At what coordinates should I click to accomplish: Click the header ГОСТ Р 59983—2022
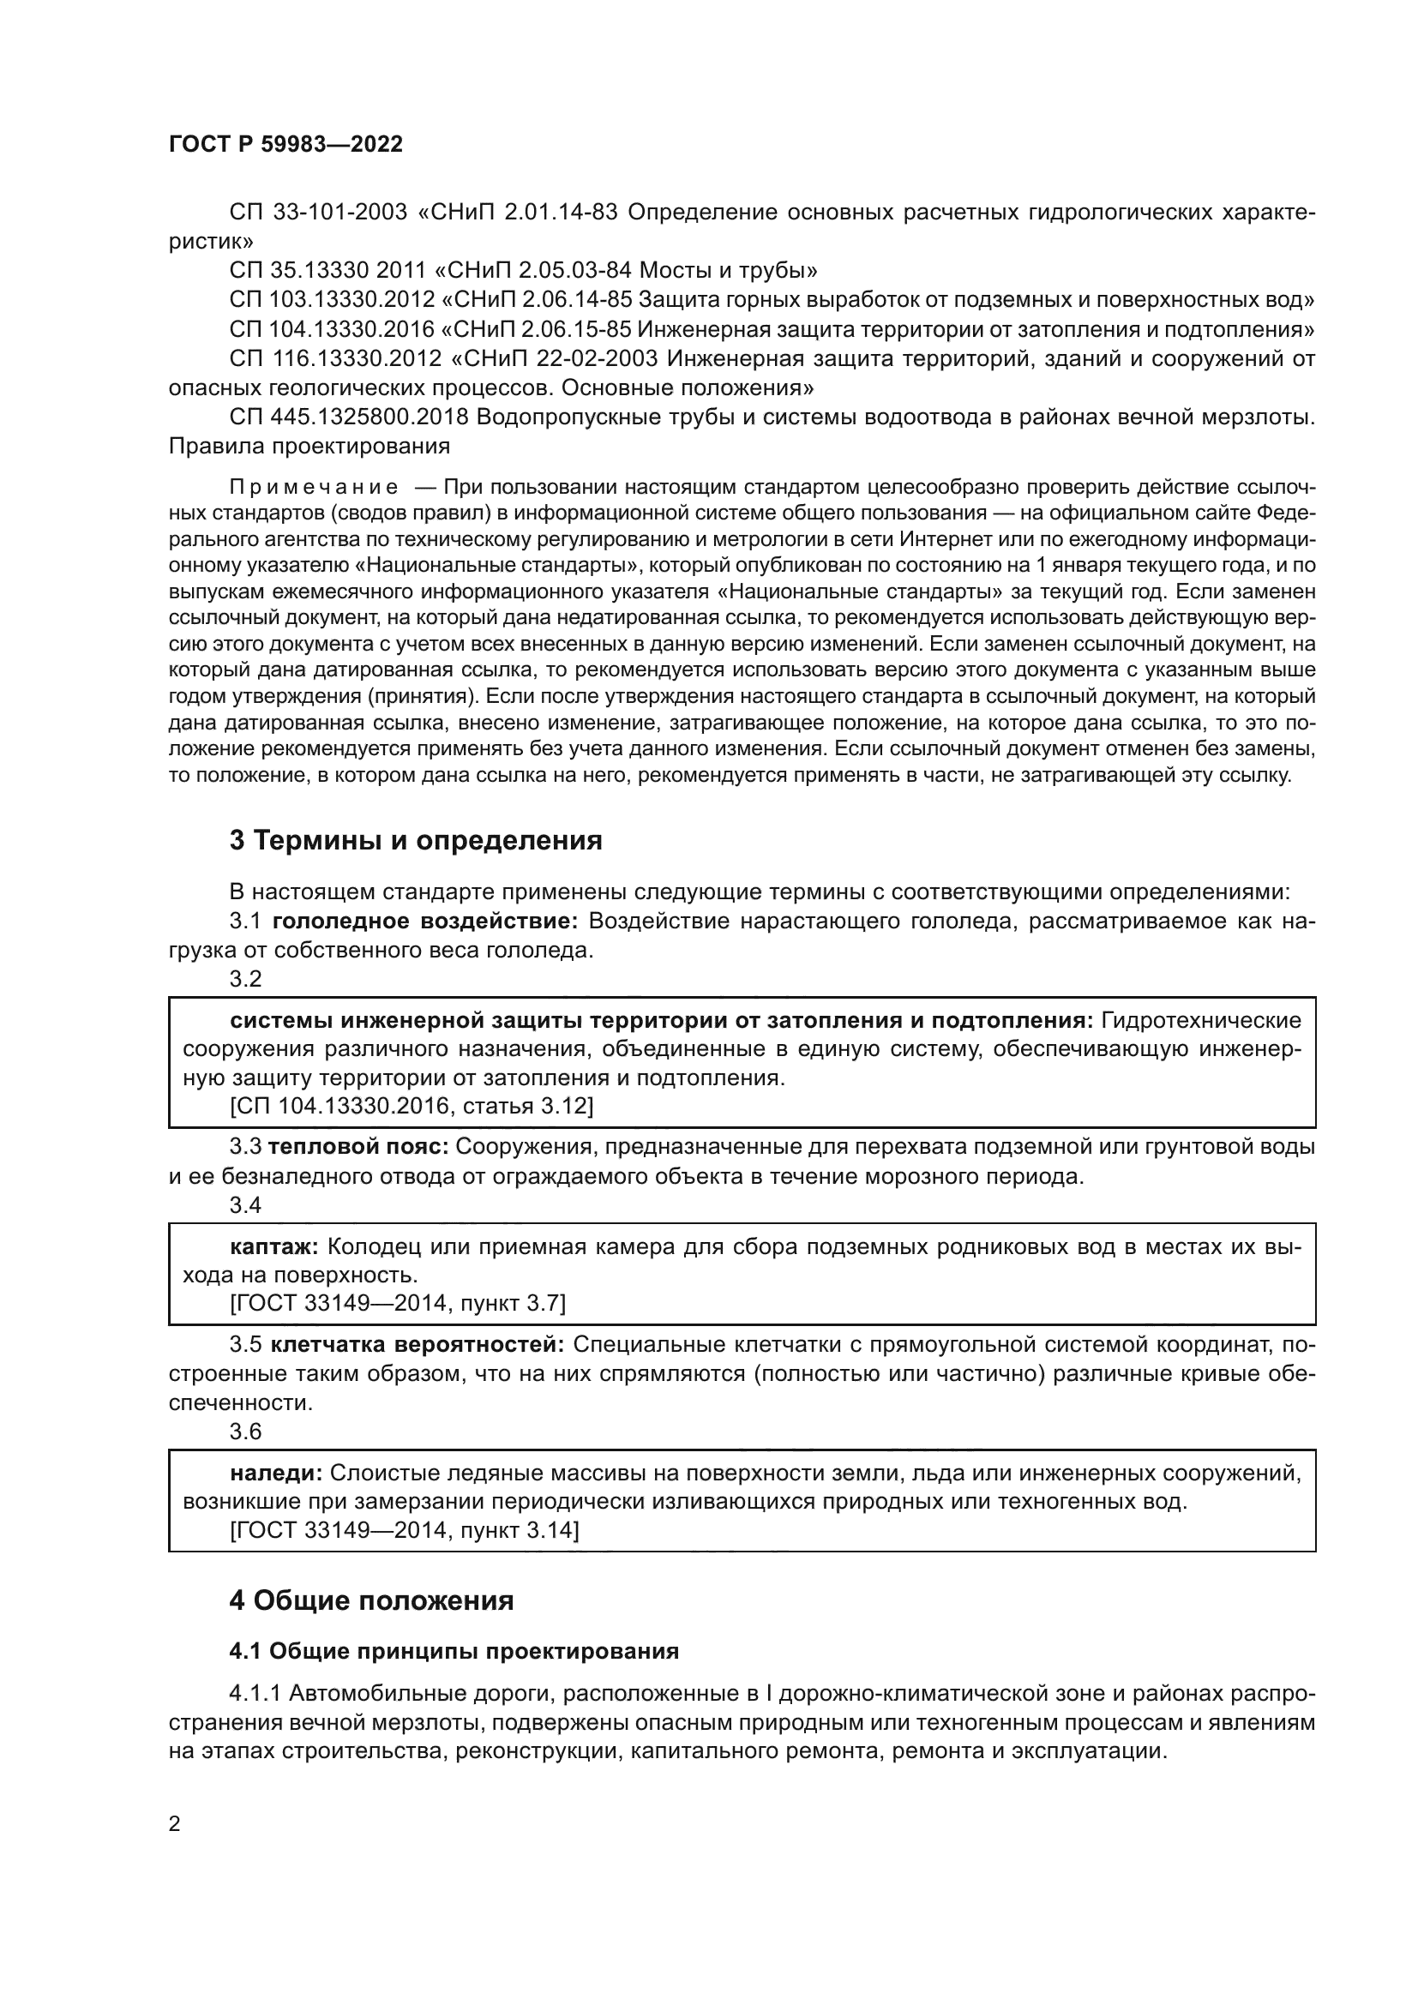click(x=285, y=145)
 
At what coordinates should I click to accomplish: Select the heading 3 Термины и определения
click(x=416, y=840)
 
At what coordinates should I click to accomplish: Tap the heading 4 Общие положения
click(x=371, y=1600)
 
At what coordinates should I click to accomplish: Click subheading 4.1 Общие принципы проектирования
click(x=454, y=1651)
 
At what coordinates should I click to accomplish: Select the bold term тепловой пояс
click(x=358, y=1147)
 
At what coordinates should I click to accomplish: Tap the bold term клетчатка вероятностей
click(x=418, y=1344)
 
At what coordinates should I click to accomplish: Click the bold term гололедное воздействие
click(x=425, y=921)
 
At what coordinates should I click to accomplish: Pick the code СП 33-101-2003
click(x=319, y=213)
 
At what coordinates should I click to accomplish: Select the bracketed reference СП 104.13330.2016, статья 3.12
click(x=412, y=1107)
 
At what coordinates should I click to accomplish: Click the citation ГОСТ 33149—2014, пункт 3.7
click(x=397, y=1304)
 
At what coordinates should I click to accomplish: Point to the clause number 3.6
click(x=245, y=1432)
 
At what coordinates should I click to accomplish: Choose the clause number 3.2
click(x=245, y=979)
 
